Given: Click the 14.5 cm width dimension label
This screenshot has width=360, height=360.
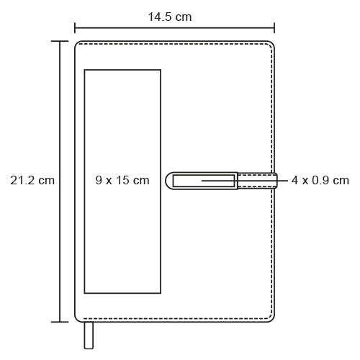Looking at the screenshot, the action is [x=170, y=17].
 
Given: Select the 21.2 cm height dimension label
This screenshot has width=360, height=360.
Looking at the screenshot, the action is [x=32, y=180].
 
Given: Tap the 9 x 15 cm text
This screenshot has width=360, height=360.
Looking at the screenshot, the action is [x=122, y=180].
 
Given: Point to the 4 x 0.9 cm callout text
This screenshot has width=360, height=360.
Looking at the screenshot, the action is [x=320, y=180].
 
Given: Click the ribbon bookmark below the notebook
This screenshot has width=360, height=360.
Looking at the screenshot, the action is [x=89, y=336].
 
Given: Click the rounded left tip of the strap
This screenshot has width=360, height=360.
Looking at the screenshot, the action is [x=168, y=181].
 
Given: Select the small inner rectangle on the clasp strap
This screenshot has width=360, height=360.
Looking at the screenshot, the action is [x=204, y=181].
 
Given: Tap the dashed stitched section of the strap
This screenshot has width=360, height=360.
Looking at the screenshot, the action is [x=257, y=181].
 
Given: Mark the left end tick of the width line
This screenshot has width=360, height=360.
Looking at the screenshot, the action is [x=75, y=28].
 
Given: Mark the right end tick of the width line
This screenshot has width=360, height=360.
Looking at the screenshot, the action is [x=274, y=28].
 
